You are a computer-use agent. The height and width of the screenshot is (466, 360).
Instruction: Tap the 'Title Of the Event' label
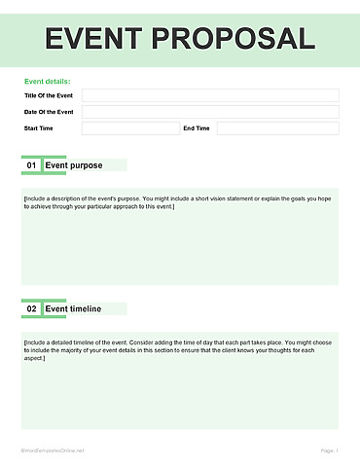(48, 96)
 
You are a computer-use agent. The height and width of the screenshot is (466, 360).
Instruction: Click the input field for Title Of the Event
(210, 96)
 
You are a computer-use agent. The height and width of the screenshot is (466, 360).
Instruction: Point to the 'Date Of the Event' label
(48, 112)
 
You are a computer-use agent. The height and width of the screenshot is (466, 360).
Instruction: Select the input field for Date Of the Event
(210, 112)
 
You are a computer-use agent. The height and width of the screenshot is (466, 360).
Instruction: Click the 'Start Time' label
(39, 128)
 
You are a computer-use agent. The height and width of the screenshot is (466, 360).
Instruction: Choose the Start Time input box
(130, 128)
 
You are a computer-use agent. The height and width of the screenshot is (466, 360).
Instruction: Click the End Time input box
(277, 128)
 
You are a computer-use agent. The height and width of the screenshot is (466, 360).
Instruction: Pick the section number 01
(31, 165)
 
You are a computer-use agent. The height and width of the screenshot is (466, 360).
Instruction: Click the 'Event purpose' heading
(74, 165)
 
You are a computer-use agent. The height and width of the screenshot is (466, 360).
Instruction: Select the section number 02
(31, 308)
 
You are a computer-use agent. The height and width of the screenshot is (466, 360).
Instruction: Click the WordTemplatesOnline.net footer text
(54, 450)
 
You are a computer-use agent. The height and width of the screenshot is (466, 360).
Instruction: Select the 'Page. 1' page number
(329, 450)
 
